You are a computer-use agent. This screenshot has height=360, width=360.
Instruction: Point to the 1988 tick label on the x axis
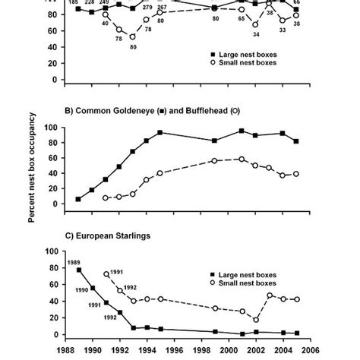click(x=67, y=352)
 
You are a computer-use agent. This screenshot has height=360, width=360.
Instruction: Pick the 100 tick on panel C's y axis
click(x=52, y=251)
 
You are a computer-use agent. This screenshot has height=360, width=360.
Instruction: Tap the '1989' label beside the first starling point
click(x=74, y=262)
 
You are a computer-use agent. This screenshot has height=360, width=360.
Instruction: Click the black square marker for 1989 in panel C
click(x=79, y=270)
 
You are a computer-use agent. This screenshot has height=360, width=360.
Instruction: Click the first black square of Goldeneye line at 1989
click(x=79, y=199)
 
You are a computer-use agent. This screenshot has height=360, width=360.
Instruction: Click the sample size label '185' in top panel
click(x=73, y=3)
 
